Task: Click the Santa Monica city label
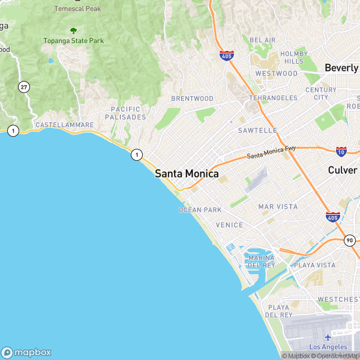[x=187, y=173]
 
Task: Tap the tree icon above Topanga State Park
[x=73, y=31]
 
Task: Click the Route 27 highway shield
[x=24, y=86]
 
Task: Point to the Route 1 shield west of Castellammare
[x=13, y=130]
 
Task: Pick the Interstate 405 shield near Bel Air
[x=226, y=56]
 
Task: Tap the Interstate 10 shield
[x=341, y=151]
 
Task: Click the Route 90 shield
[x=350, y=240]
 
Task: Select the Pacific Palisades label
[x=125, y=113]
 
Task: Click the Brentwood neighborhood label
[x=192, y=98]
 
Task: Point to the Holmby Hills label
[x=294, y=58]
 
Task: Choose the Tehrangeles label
[x=273, y=98]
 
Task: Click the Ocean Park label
[x=200, y=209]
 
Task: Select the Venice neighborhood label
[x=229, y=225]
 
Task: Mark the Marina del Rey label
[x=261, y=262]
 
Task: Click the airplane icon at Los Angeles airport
[x=328, y=337]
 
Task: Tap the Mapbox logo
[x=26, y=352]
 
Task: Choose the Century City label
[x=321, y=94]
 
